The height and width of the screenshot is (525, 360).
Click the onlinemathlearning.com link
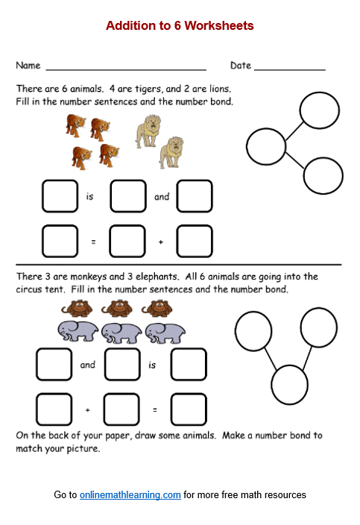tap(130, 494)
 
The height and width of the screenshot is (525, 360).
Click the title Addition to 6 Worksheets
tap(180, 26)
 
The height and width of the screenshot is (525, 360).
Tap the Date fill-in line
tap(289, 67)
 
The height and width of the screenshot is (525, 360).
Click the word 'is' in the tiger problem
tap(89, 197)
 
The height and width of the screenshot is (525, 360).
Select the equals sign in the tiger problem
tap(93, 242)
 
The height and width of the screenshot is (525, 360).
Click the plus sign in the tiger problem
tap(160, 242)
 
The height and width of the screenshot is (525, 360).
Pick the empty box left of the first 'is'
tap(60, 196)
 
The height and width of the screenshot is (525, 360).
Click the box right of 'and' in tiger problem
tap(195, 196)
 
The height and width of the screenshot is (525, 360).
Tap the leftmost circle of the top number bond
tap(266, 146)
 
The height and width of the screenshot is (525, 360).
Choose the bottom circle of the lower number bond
tap(290, 385)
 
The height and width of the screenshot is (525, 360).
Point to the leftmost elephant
tap(77, 332)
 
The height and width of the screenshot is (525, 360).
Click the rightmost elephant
tap(165, 332)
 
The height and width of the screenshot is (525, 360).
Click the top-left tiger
tap(75, 125)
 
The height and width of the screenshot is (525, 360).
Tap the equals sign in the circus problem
tap(154, 409)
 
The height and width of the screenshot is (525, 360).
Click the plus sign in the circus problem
tap(87, 409)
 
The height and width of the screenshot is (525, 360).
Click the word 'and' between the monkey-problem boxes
tap(88, 365)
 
